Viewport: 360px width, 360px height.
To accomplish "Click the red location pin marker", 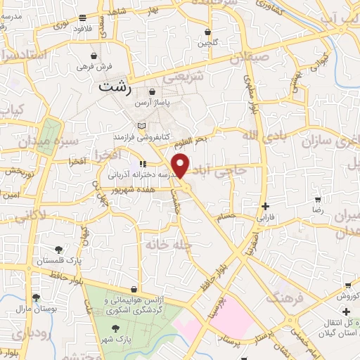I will [x=182, y=165].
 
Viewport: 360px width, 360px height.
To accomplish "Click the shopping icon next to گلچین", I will [x=207, y=32].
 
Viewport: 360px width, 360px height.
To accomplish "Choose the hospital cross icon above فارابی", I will [x=265, y=206].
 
